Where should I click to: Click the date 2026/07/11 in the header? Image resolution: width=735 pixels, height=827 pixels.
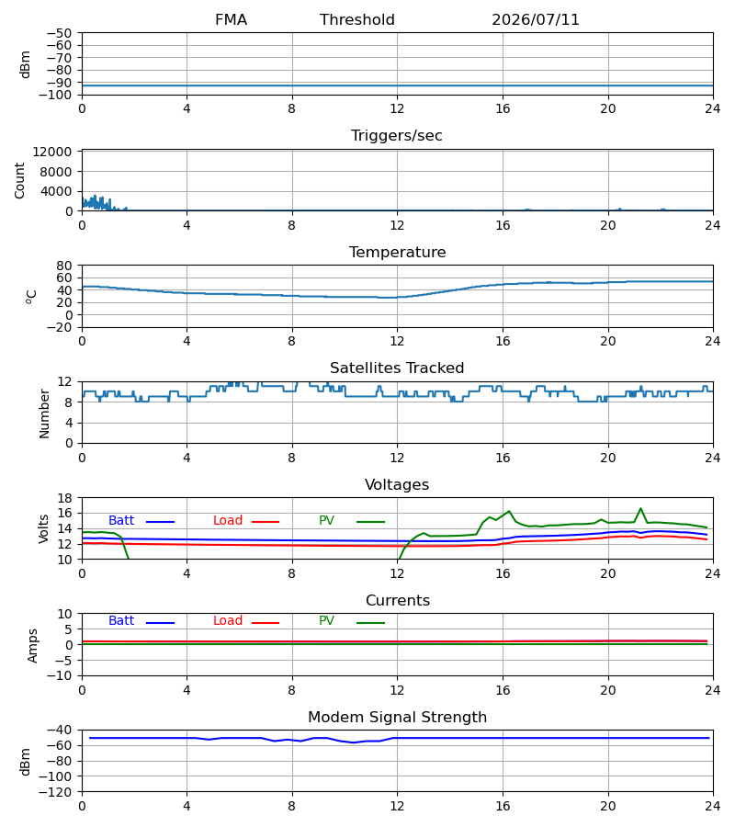coord(535,20)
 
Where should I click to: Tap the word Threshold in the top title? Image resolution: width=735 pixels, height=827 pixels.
coord(357,20)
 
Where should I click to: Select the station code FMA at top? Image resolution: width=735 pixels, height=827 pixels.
coord(231,20)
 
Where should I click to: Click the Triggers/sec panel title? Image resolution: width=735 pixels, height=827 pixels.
coord(397,136)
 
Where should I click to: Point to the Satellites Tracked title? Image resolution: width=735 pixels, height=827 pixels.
coord(397,368)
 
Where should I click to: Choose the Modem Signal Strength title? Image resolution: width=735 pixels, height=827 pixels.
coord(397,718)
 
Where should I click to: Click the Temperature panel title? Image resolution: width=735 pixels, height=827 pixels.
coord(397,252)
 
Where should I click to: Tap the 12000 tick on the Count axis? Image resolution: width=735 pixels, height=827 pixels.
coord(52,152)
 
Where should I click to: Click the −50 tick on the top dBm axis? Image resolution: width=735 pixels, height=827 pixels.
coord(59,33)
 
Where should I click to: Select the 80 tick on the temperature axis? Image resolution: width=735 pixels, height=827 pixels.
coord(64,266)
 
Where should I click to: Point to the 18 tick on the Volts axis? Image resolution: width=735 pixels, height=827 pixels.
coord(64,498)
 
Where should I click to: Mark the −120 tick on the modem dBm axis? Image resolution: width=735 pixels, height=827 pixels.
coord(55,792)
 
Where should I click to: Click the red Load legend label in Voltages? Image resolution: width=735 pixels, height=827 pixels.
coord(228,521)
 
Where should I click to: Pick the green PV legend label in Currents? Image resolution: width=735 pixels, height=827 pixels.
coord(326,621)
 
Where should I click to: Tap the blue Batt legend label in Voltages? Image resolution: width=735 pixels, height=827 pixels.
coord(121,521)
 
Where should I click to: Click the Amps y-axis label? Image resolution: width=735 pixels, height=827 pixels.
coord(33,646)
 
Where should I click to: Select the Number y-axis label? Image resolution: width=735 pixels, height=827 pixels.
coord(44,413)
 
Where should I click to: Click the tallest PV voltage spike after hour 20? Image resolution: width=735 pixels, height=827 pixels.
coord(640,508)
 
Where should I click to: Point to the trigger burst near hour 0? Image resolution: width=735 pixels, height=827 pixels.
coord(97,202)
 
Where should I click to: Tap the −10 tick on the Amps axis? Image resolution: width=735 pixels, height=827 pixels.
coord(59,676)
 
